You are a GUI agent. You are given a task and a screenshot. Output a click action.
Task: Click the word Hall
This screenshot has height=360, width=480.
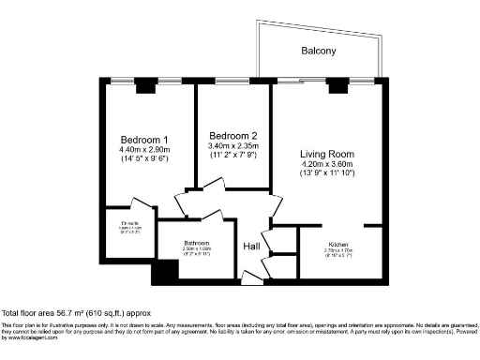click(x=251, y=247)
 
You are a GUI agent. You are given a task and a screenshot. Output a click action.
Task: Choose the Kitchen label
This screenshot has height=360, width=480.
click(x=337, y=241)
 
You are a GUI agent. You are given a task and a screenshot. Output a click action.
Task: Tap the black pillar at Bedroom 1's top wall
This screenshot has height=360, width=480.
click(x=143, y=88)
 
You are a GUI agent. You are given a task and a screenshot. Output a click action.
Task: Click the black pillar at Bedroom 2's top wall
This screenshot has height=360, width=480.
click(x=228, y=88)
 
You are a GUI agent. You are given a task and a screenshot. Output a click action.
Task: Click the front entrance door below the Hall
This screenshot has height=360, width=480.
click(x=249, y=277)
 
